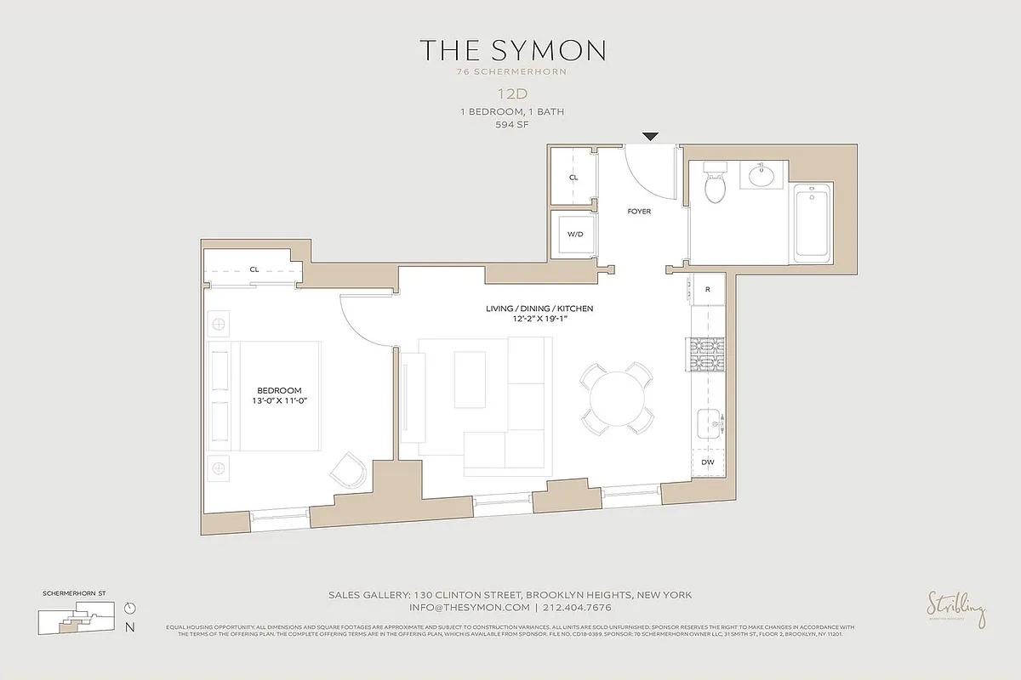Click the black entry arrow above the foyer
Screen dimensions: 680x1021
point(651,136)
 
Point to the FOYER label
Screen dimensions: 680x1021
point(639,212)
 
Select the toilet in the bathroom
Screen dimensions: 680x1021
point(715,181)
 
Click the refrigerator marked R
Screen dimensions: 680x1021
point(708,289)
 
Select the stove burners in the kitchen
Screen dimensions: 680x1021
point(705,356)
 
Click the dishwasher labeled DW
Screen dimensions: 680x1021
point(708,462)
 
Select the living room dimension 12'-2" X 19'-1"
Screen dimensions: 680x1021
point(552,319)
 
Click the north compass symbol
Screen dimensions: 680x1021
point(129,608)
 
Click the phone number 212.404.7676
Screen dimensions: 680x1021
point(576,608)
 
